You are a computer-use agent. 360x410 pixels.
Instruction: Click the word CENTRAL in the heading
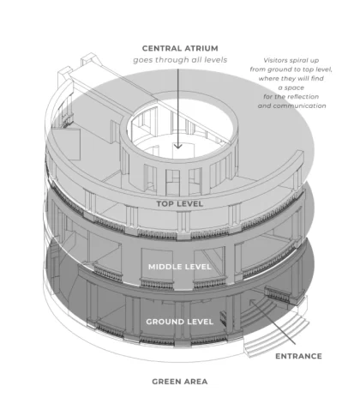pyautogui.click(x=162, y=48)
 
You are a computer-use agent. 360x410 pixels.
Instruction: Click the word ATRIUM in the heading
pyautogui.click(x=201, y=48)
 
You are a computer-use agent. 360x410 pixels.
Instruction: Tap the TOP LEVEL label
pyautogui.click(x=180, y=204)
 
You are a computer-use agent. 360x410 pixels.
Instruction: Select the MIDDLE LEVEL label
pyautogui.click(x=180, y=267)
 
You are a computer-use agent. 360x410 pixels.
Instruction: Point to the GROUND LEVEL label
pyautogui.click(x=180, y=322)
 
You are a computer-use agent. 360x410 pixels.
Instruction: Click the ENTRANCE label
pyautogui.click(x=298, y=356)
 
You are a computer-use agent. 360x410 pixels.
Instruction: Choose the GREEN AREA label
pyautogui.click(x=180, y=382)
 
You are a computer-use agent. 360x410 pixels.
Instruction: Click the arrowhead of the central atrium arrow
pyautogui.click(x=178, y=146)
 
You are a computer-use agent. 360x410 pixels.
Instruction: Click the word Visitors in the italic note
pyautogui.click(x=275, y=60)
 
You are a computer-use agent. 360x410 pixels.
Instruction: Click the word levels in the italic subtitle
pyautogui.click(x=217, y=60)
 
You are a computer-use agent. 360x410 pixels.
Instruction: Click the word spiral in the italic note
pyautogui.click(x=299, y=61)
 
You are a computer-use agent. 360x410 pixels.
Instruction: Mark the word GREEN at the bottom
pyautogui.click(x=167, y=382)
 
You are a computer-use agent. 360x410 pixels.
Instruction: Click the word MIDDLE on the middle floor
pyautogui.click(x=165, y=267)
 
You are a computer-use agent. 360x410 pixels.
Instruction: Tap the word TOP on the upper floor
pyautogui.click(x=164, y=204)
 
